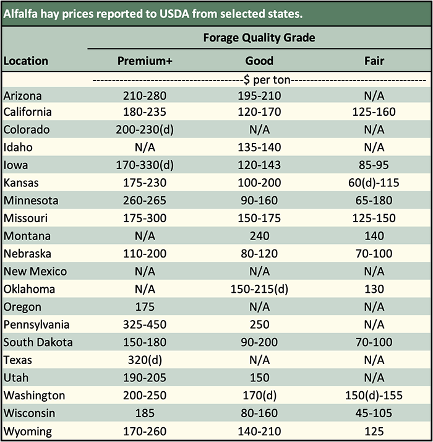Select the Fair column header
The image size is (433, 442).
pyautogui.click(x=374, y=61)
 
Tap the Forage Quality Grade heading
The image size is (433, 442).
pyautogui.click(x=259, y=38)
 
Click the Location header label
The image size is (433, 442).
pyautogui.click(x=25, y=61)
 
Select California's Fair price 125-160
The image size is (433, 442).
pyautogui.click(x=374, y=112)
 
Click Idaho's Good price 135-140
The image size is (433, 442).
pyautogui.click(x=259, y=147)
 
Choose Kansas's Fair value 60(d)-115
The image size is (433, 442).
pyautogui.click(x=374, y=183)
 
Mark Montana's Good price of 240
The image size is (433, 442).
pyautogui.click(x=259, y=236)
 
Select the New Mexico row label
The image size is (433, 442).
pyautogui.click(x=35, y=272)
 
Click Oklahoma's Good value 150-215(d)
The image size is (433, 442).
pyautogui.click(x=259, y=289)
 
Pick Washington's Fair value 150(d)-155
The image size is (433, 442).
pyautogui.click(x=374, y=396)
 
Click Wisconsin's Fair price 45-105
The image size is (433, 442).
pyautogui.click(x=374, y=413)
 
